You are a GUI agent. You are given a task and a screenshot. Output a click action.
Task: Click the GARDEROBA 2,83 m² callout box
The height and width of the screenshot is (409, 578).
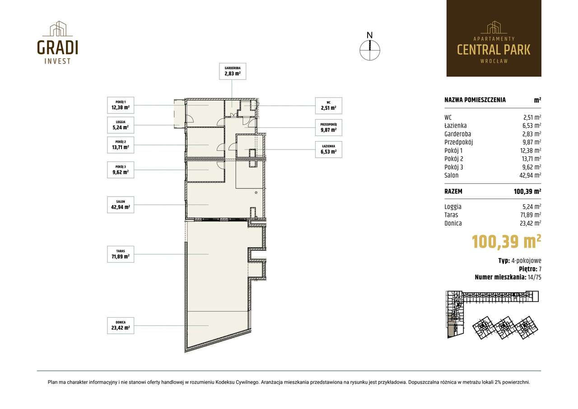click(x=233, y=71)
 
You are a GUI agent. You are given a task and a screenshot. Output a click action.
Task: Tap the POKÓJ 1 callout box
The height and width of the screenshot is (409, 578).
click(x=121, y=105)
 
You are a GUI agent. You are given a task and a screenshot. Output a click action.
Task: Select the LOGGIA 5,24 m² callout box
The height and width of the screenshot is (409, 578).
click(x=121, y=125)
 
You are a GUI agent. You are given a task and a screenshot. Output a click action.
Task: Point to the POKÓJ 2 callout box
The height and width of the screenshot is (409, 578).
click(x=121, y=145)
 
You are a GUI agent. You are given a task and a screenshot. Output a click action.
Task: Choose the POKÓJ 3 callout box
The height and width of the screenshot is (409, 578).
click(x=121, y=170)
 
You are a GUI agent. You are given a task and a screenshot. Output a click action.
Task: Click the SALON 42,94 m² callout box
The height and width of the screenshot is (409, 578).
click(x=121, y=205)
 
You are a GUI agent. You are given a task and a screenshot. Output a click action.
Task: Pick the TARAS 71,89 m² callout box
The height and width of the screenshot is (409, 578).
click(x=121, y=254)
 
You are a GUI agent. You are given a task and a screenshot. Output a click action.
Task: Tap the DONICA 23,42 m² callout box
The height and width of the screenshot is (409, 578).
click(x=121, y=325)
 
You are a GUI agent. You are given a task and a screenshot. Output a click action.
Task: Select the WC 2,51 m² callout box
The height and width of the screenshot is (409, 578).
click(x=328, y=106)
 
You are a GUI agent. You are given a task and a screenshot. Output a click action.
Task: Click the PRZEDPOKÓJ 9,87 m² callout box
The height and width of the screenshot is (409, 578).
click(x=328, y=127)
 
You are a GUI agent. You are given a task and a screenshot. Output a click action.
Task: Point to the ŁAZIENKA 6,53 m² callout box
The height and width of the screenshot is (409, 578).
click(x=328, y=150)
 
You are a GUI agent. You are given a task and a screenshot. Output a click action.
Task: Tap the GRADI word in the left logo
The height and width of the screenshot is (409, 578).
click(x=57, y=47)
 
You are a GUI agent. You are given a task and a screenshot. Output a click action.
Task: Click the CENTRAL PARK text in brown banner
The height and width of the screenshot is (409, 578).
click(x=494, y=50)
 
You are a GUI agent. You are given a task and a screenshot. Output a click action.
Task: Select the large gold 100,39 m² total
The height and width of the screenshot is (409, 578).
click(x=506, y=242)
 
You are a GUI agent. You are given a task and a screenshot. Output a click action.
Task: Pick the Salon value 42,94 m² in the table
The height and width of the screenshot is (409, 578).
click(x=530, y=175)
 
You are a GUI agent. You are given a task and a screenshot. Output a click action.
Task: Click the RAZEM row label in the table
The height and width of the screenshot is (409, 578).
click(x=453, y=191)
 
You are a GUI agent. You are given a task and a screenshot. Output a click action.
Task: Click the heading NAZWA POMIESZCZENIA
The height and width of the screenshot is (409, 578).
click(x=475, y=100)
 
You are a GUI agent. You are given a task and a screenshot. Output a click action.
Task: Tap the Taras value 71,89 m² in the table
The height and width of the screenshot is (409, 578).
click(x=531, y=215)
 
